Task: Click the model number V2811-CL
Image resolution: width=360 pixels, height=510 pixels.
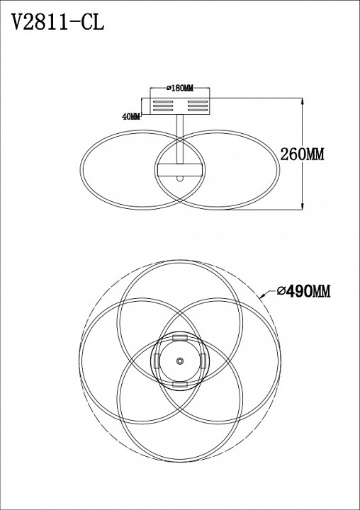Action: (x=58, y=22)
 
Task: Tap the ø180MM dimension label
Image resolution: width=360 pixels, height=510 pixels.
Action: (x=180, y=88)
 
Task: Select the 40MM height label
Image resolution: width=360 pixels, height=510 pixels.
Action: (x=131, y=116)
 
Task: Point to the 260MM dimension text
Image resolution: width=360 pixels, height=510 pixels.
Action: (x=302, y=154)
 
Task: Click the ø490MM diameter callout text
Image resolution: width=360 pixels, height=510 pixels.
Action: (x=303, y=291)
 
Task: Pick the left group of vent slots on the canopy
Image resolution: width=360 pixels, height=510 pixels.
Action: (x=163, y=106)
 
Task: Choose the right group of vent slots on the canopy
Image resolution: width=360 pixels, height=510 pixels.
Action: (x=198, y=106)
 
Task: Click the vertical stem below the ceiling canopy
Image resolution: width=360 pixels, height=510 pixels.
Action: (x=180, y=140)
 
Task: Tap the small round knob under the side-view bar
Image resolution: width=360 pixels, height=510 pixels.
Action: (x=180, y=178)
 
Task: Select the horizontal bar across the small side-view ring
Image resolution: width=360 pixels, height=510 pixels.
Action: (x=180, y=170)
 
